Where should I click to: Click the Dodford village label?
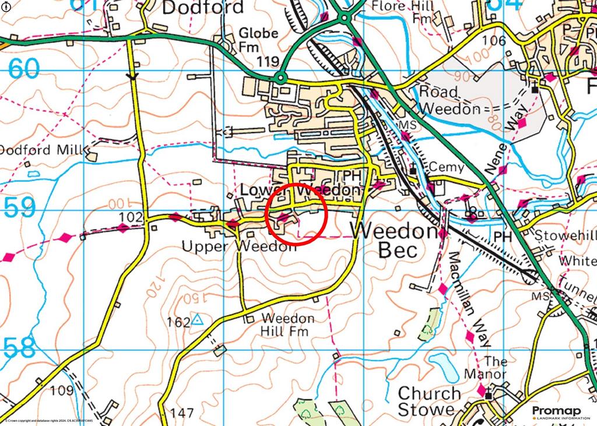(202, 8)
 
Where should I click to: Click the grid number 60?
(24, 69)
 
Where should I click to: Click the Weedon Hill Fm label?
(288, 325)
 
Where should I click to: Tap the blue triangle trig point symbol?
(198, 319)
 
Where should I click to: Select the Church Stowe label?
(426, 402)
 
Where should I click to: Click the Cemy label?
(446, 167)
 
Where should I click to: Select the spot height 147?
(182, 413)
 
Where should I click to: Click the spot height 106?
(494, 40)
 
